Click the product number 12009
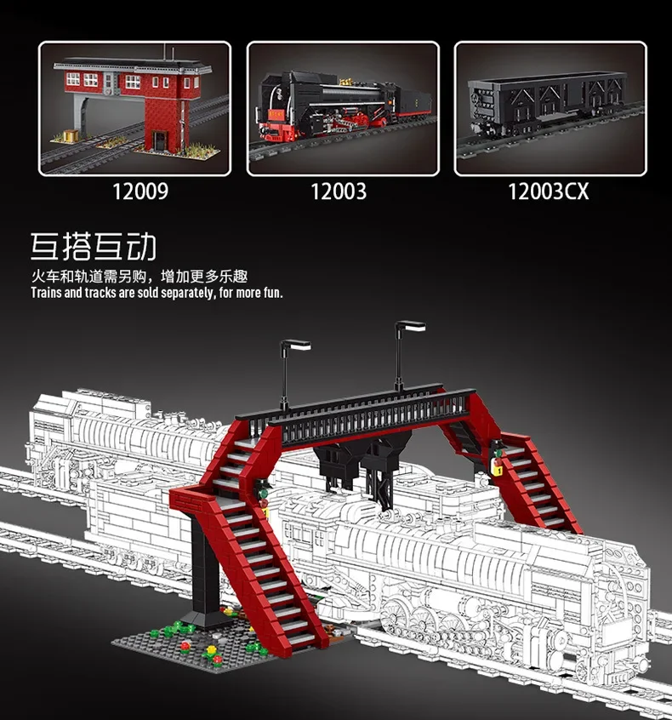coord(141,191)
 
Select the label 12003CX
coord(548,191)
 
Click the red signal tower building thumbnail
coord(134,108)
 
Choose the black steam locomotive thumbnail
coord(342,108)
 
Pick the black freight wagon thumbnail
coord(550,108)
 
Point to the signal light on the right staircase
coord(498,466)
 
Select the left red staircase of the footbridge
coord(255,545)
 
